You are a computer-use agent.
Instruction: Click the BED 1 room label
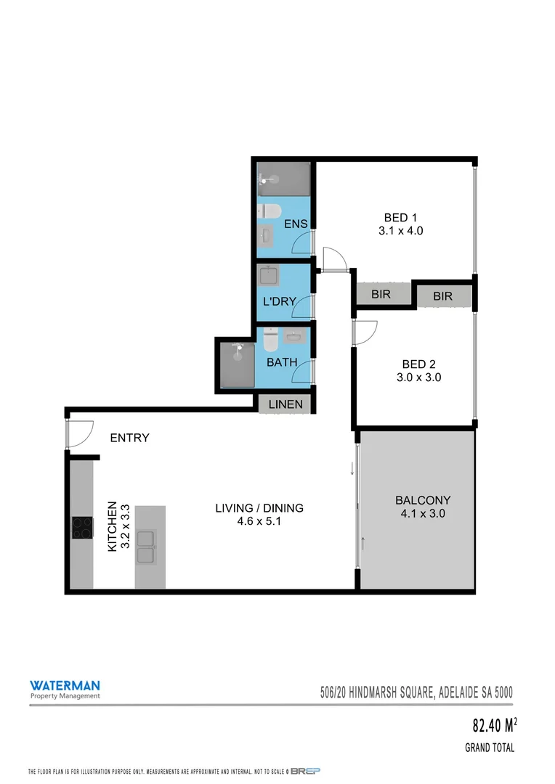(400, 217)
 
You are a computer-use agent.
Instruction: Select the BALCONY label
(423, 500)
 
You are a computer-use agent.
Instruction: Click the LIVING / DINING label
(259, 508)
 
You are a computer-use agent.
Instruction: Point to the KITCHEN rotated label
(113, 526)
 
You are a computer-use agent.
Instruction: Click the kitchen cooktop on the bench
(82, 527)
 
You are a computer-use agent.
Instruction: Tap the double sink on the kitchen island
(146, 547)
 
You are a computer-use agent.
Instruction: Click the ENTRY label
(129, 438)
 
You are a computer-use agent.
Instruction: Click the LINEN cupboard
(285, 404)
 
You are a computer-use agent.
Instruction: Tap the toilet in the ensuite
(271, 211)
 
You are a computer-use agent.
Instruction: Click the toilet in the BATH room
(270, 339)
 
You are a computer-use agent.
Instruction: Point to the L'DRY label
(277, 301)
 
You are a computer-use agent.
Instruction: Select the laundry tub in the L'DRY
(270, 277)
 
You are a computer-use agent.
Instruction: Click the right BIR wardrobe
(443, 296)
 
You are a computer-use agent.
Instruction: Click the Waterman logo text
(65, 685)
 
